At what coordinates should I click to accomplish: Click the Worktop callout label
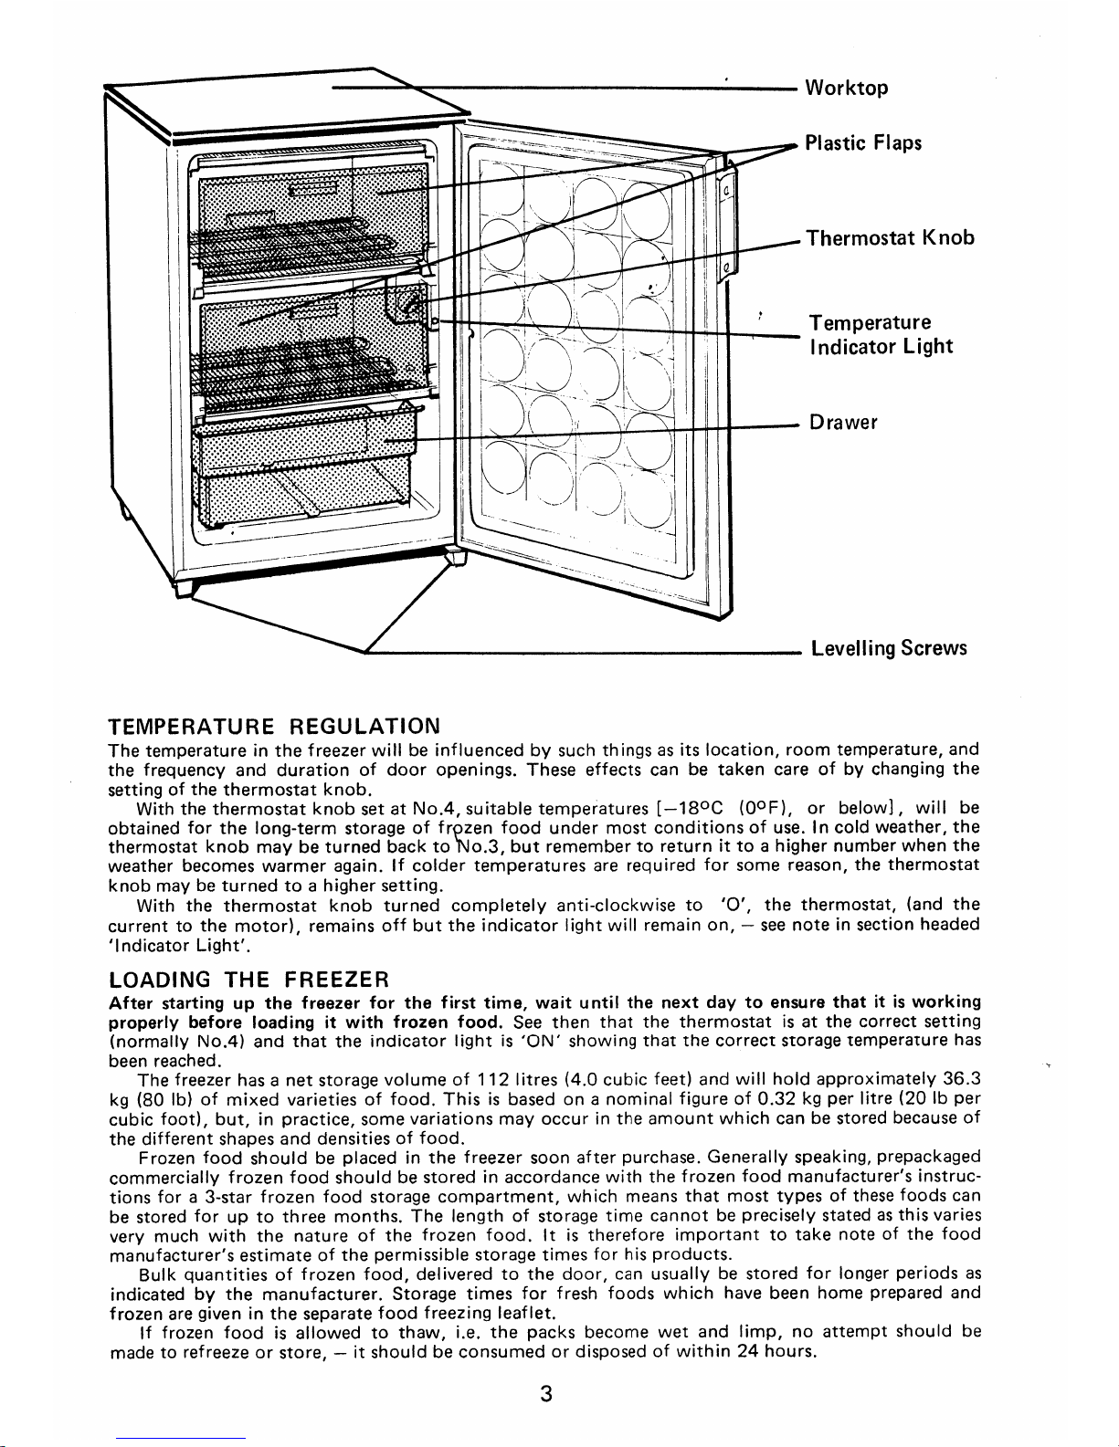coord(845,89)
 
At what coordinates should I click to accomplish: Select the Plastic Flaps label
coord(850,143)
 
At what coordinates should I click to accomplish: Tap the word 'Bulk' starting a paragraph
coord(156,1274)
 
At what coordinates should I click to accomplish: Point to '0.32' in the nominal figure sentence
coord(788,1100)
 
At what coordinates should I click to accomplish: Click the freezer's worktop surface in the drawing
coord(274,100)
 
